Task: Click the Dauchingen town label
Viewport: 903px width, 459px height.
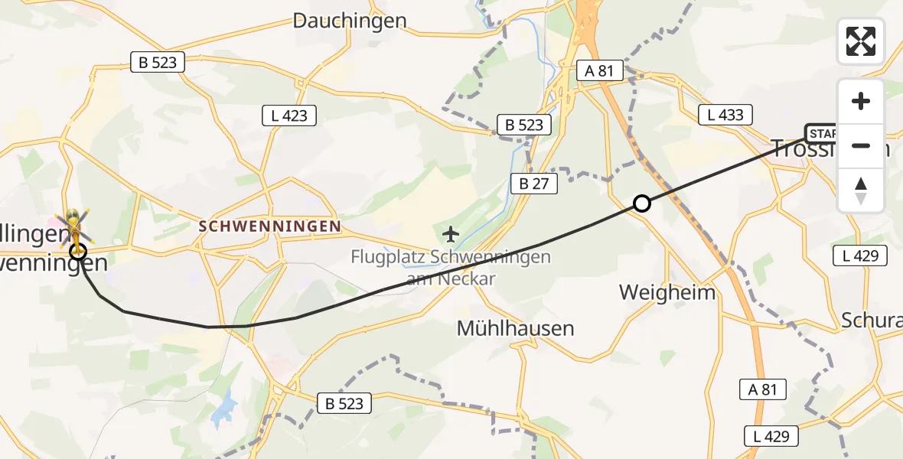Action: tap(350, 21)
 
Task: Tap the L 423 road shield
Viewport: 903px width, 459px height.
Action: tap(289, 116)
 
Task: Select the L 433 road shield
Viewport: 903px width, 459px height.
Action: tap(725, 116)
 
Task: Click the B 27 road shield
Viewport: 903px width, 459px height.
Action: tap(535, 184)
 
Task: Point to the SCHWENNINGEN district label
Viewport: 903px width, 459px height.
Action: tap(269, 226)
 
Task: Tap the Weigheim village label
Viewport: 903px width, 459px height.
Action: tap(667, 292)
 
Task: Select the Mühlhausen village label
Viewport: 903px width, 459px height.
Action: tap(515, 329)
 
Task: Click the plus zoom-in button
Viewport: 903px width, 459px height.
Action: tap(861, 101)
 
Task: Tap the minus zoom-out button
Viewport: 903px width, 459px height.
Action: tap(861, 145)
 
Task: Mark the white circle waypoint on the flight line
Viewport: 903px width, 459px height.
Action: tap(642, 203)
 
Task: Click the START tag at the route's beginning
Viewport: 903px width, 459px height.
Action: tap(821, 134)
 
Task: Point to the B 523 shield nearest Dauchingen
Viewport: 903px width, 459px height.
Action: tap(158, 63)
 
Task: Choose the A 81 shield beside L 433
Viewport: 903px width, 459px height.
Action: tap(599, 71)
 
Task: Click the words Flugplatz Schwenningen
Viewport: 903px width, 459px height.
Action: tap(451, 257)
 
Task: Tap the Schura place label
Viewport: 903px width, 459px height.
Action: tap(871, 320)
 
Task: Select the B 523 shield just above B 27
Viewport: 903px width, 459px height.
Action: tap(524, 125)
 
